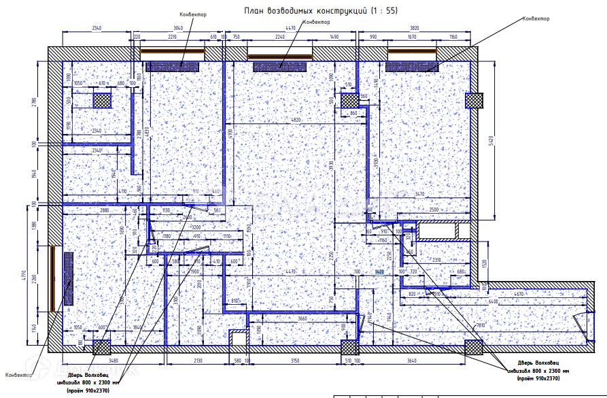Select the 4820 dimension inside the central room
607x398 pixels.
pyautogui.click(x=296, y=120)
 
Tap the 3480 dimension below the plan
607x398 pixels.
pyautogui.click(x=113, y=360)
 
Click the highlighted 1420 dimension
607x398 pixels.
pyautogui.click(x=379, y=271)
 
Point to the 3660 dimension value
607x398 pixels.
pyautogui.click(x=303, y=319)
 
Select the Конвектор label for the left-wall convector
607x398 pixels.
pyautogui.click(x=18, y=376)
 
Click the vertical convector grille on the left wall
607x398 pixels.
pyautogui.click(x=69, y=279)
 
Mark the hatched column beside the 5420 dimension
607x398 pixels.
pyautogui.click(x=474, y=100)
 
